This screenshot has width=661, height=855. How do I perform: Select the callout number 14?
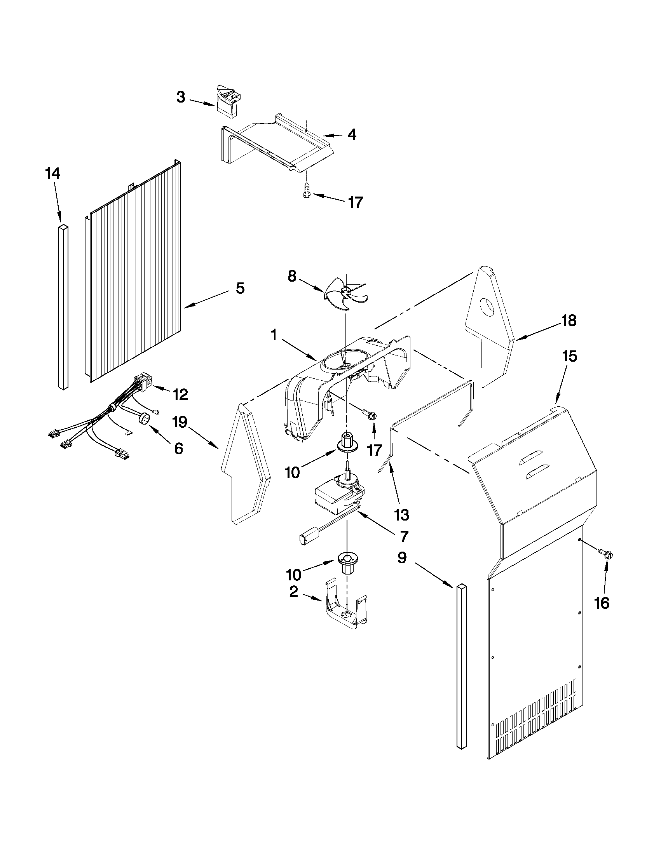[x=53, y=172]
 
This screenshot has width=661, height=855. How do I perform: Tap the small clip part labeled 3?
[x=228, y=101]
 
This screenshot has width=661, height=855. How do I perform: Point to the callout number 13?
[x=401, y=514]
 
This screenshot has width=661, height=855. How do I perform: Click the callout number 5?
[x=240, y=288]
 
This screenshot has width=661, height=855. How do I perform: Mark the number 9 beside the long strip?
[x=402, y=557]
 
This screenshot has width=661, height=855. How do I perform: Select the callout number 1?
[x=274, y=335]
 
